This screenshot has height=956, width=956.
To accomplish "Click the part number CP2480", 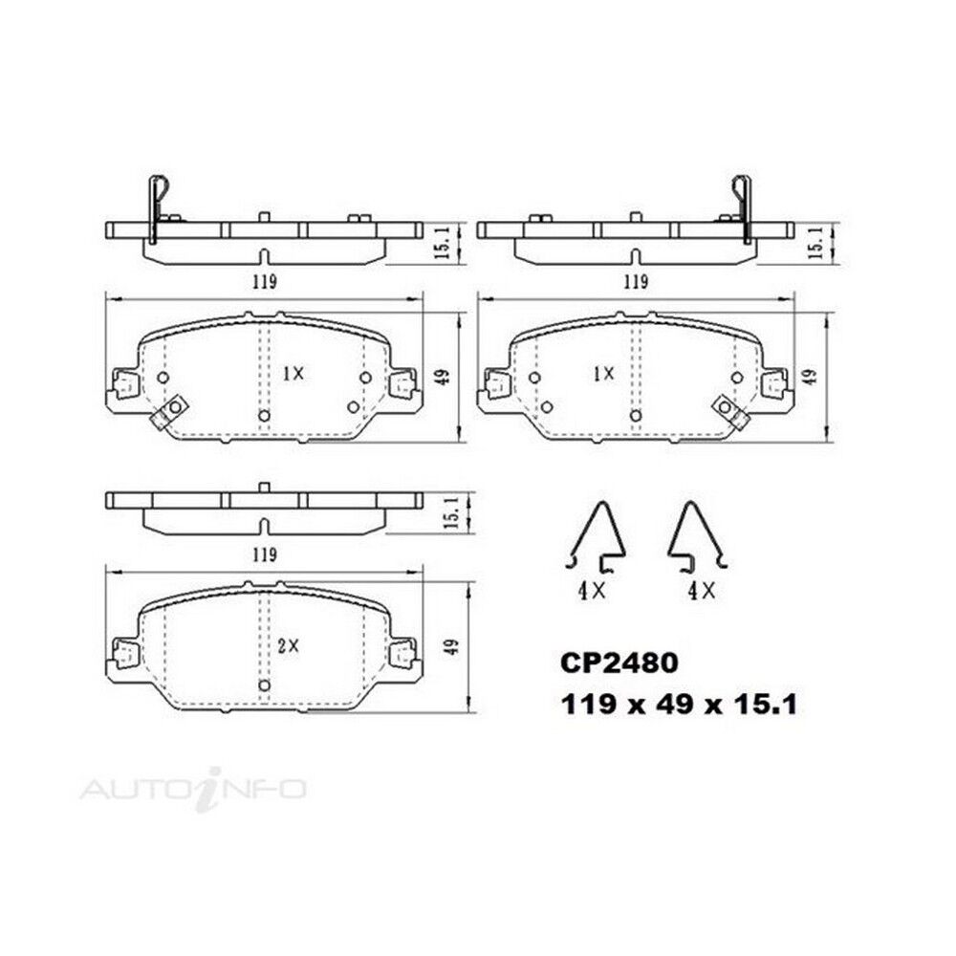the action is [619, 663].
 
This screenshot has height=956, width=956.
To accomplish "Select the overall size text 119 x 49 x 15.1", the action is [679, 706].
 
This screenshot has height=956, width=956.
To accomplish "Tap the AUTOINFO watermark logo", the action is [193, 789].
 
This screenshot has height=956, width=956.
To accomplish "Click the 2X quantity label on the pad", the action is [289, 645].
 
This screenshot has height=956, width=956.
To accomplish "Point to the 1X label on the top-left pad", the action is [293, 374].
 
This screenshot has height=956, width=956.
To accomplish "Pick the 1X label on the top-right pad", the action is [603, 374].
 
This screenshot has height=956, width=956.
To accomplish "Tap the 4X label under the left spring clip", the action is [592, 590].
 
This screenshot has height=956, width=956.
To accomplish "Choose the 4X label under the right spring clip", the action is [701, 590].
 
